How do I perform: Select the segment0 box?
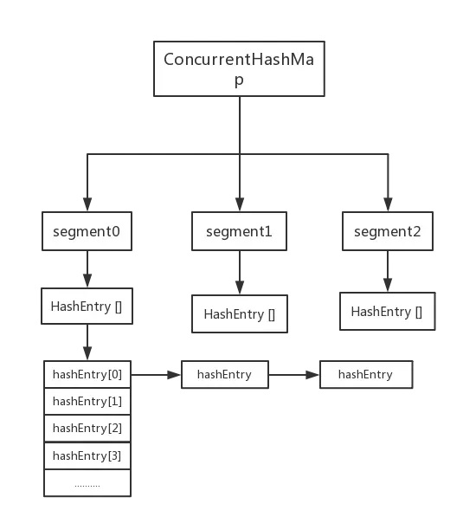click(x=87, y=232)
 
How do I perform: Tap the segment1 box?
click(x=239, y=232)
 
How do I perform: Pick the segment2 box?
click(x=387, y=231)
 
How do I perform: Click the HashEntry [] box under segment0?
click(x=87, y=307)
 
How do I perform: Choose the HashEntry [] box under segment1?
click(x=239, y=314)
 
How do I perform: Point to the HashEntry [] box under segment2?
click(x=387, y=312)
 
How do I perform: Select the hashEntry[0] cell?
click(x=87, y=375)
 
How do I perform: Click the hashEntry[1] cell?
click(x=87, y=401)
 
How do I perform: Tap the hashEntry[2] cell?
click(x=87, y=428)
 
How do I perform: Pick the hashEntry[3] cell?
click(x=87, y=455)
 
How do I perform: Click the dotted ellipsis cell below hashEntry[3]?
click(x=87, y=483)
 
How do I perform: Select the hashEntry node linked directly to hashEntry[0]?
click(x=224, y=375)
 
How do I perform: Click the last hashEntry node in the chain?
click(x=366, y=375)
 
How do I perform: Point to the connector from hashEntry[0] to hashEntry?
click(x=155, y=376)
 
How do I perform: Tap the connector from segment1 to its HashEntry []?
click(x=239, y=273)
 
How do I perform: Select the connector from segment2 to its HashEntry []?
click(x=387, y=272)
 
